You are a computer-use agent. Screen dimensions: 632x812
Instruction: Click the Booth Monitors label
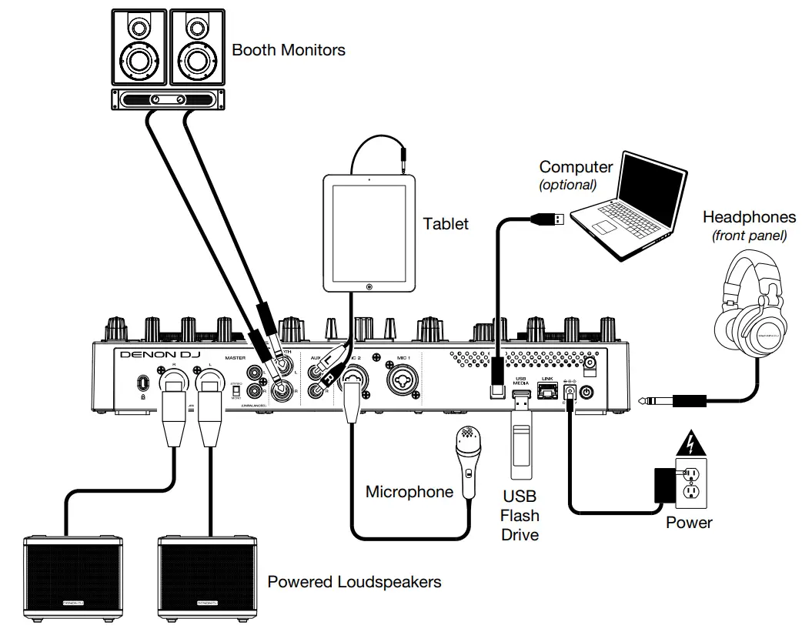289,51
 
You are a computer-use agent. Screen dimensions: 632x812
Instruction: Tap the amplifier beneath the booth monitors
165,99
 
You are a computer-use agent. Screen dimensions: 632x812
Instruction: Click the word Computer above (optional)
576,167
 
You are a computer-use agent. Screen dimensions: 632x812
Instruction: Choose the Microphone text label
409,492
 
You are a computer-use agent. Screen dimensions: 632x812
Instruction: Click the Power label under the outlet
689,523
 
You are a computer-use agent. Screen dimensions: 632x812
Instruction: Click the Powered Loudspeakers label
354,582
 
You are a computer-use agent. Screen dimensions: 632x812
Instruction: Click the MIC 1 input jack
405,383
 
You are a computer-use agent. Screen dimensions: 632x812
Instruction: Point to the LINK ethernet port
548,392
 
